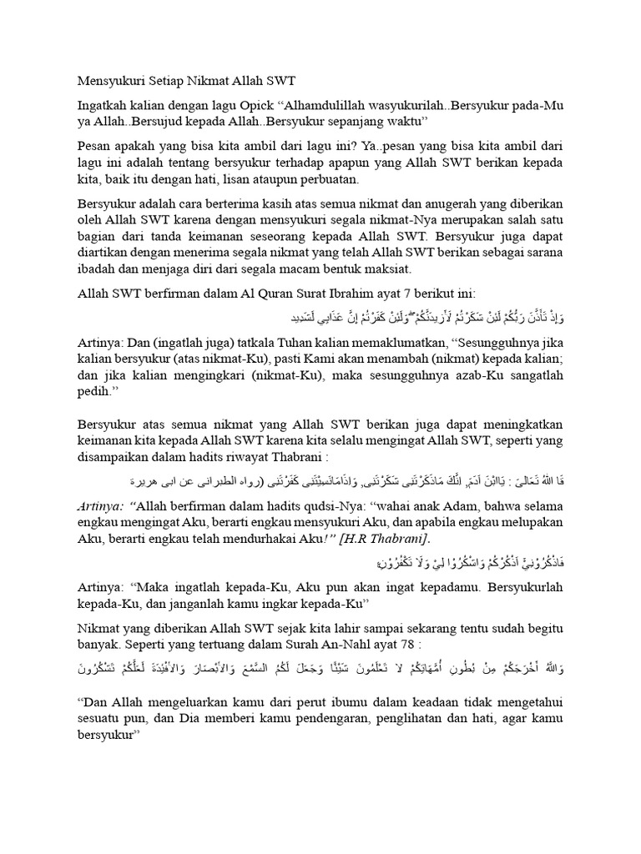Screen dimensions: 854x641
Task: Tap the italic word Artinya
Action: pos(98,506)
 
